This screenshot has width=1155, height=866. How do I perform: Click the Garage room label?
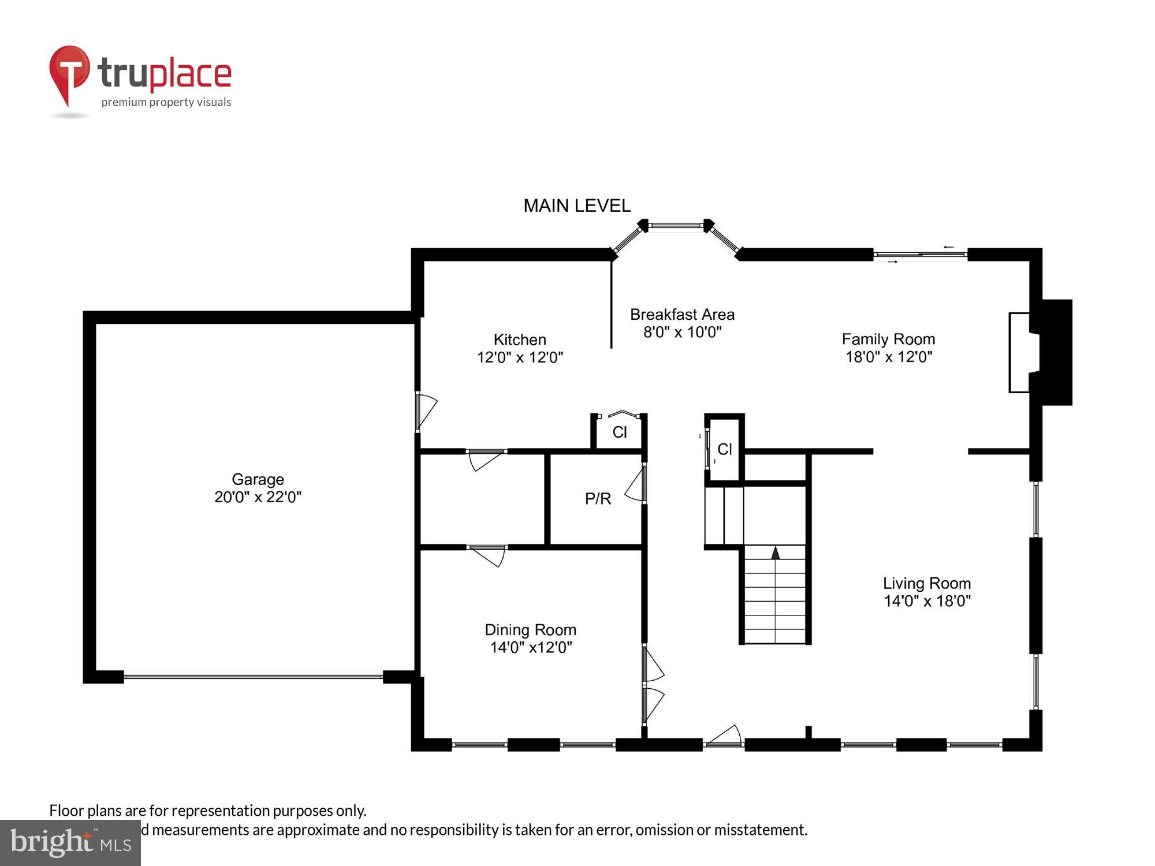coord(258,479)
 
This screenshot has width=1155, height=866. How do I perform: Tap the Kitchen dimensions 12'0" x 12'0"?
coord(520,357)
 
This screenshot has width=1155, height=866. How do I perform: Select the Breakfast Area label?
coord(682,315)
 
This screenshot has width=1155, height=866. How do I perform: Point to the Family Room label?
coord(888,339)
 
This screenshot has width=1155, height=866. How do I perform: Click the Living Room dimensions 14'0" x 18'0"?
coord(927,601)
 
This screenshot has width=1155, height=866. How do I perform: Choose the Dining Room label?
coord(530,630)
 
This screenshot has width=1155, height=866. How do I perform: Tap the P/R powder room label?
coord(598,499)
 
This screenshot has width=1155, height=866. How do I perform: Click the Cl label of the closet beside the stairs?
coord(724,449)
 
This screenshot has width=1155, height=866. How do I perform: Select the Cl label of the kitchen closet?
coord(619,432)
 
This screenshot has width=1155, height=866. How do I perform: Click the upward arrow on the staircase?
coord(776,553)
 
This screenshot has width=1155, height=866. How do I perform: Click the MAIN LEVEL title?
coord(576,206)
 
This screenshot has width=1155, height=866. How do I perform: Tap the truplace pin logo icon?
coord(69,72)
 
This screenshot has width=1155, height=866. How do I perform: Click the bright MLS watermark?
coord(70,843)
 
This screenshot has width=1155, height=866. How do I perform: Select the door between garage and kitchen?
coord(424,410)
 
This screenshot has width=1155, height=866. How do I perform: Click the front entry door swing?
coord(725,736)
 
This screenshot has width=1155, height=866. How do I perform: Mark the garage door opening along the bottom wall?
coord(253,676)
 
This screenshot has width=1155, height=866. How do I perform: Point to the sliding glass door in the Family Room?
coord(920,254)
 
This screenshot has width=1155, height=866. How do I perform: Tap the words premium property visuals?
coord(166,102)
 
